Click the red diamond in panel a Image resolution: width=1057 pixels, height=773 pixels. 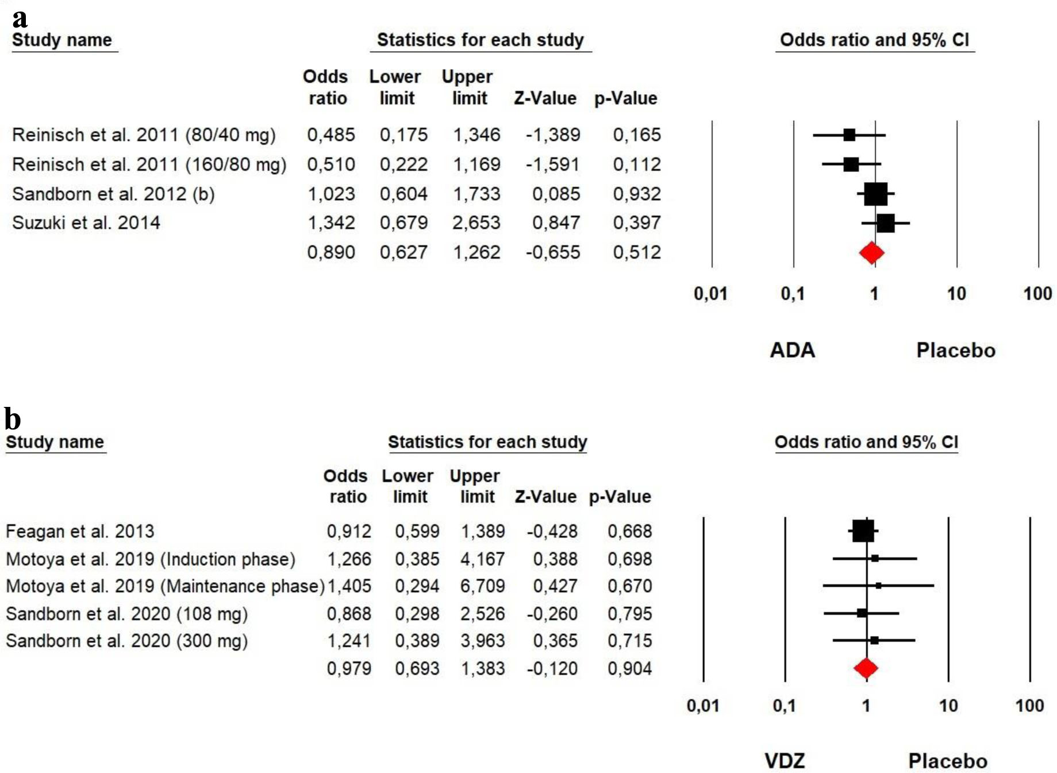(871, 253)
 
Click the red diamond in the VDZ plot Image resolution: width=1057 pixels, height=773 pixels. (866, 668)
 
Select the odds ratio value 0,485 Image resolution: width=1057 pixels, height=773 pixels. (330, 135)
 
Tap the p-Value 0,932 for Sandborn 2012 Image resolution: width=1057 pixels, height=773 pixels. (636, 194)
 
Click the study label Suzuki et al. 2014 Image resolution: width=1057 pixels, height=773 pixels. (86, 223)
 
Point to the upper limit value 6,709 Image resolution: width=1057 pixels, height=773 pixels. (482, 586)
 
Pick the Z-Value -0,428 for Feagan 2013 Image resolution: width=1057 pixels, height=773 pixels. (552, 532)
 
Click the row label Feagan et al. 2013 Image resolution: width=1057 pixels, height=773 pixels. (80, 532)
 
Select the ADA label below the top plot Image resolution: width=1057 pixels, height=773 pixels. (792, 350)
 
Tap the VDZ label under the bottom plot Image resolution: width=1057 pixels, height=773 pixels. (785, 761)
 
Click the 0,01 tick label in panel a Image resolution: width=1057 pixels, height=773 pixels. (710, 294)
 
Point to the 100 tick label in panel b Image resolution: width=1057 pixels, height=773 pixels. (1029, 706)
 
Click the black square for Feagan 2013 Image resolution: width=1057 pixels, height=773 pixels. (863, 531)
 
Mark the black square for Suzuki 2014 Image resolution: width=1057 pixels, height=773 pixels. (886, 223)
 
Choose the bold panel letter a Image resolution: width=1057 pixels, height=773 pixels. (20, 18)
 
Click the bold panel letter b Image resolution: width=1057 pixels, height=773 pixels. (13, 419)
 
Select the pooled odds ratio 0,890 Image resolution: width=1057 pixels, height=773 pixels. (330, 253)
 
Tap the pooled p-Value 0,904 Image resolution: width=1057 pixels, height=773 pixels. (629, 669)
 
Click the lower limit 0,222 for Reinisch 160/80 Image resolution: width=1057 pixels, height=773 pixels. (403, 165)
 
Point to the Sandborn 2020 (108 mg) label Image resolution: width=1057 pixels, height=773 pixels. (126, 614)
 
